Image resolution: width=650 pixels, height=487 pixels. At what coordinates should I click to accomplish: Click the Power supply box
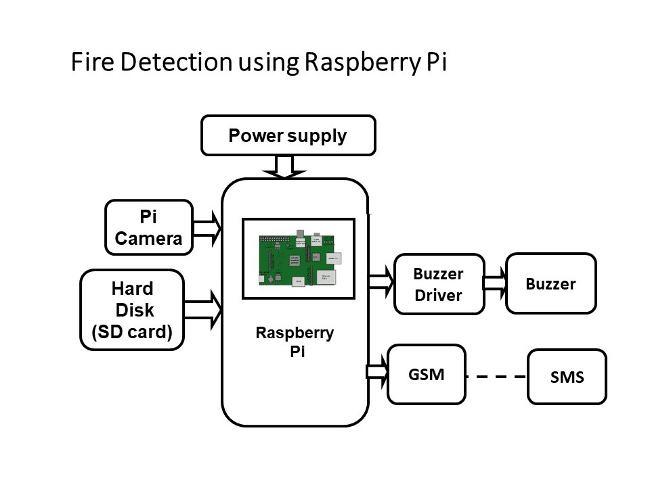(x=288, y=135)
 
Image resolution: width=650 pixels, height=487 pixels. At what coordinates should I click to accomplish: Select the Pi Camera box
(x=149, y=227)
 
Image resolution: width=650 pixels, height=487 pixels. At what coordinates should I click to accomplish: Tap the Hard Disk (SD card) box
(x=132, y=310)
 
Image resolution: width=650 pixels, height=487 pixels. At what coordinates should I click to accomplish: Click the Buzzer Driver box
(x=439, y=284)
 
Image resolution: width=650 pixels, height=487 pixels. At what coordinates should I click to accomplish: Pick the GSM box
(x=426, y=374)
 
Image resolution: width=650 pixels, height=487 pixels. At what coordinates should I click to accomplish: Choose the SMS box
(x=567, y=377)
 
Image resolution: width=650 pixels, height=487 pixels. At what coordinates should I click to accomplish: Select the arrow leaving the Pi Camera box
(x=207, y=227)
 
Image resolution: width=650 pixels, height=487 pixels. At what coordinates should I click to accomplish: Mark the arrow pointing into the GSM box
(x=377, y=371)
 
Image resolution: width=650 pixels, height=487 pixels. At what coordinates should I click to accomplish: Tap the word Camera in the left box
(x=148, y=239)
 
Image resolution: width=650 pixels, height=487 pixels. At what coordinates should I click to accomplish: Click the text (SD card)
(x=132, y=332)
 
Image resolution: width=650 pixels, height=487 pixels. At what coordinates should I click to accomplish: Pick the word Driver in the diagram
(x=438, y=296)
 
